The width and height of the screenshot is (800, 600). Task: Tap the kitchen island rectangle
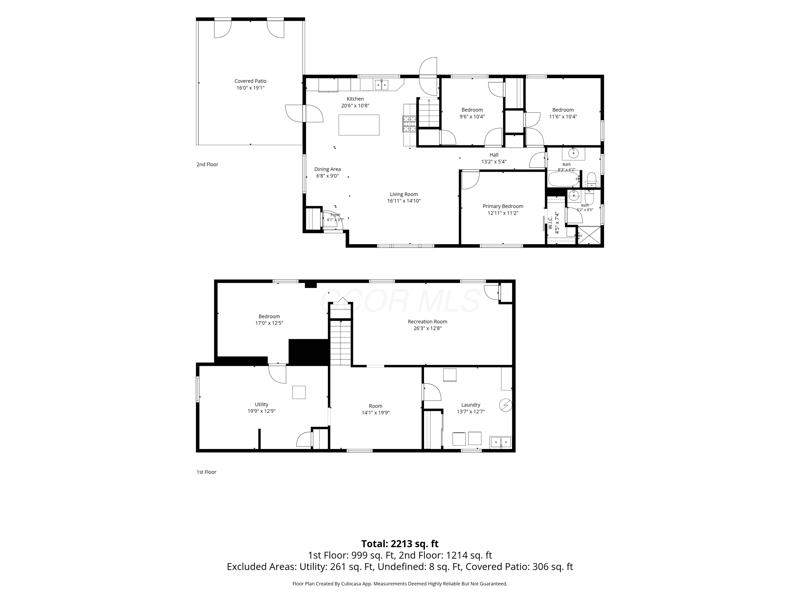pyautogui.click(x=359, y=125)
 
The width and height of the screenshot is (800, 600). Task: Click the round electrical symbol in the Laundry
pyautogui.click(x=505, y=405)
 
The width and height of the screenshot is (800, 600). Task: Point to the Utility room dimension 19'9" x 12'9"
pyautogui.click(x=262, y=411)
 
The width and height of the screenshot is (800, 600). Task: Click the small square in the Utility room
pyautogui.click(x=299, y=393)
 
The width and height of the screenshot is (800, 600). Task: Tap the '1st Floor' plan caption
pyautogui.click(x=206, y=472)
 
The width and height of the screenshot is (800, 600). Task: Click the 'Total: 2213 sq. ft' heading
pyautogui.click(x=400, y=543)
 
